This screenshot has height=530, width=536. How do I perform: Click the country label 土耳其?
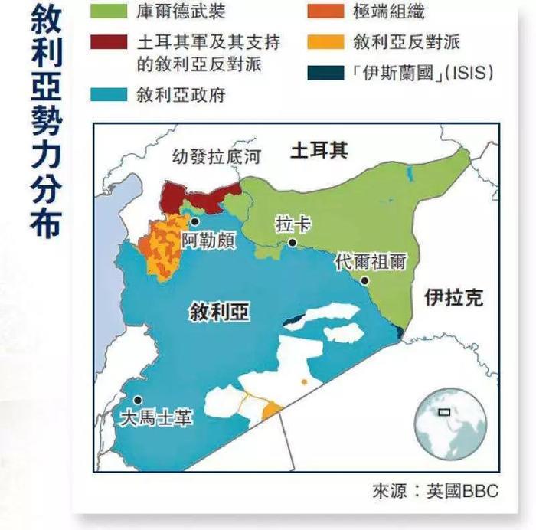319,150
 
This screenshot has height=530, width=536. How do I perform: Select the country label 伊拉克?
454,298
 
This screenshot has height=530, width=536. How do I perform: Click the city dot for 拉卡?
293,243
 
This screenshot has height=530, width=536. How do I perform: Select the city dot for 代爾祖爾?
366,280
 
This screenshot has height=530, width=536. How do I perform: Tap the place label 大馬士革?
157,418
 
